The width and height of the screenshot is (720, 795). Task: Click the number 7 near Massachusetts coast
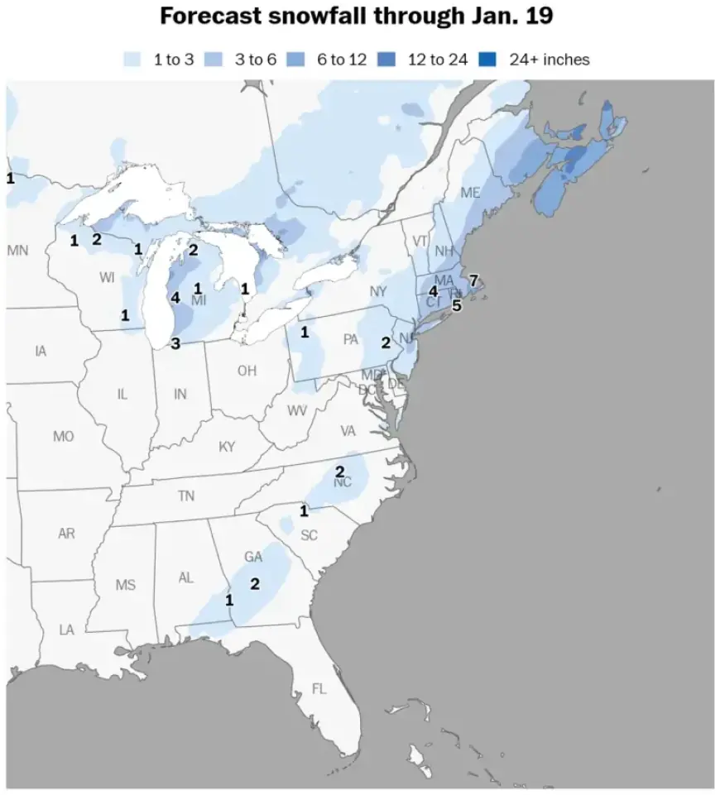pyautogui.click(x=473, y=280)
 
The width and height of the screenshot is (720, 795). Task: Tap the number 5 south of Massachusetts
pyautogui.click(x=456, y=305)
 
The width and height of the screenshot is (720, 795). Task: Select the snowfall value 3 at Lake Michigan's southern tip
pyautogui.click(x=175, y=343)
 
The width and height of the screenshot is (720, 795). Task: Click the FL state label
pyautogui.click(x=319, y=688)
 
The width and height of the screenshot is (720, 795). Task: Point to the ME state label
pyautogui.click(x=470, y=193)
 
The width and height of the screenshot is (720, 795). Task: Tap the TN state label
pyautogui.click(x=186, y=496)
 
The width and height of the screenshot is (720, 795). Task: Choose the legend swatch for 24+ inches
pyautogui.click(x=489, y=60)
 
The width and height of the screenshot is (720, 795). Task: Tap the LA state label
pyautogui.click(x=66, y=630)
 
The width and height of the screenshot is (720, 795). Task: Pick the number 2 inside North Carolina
pyautogui.click(x=339, y=472)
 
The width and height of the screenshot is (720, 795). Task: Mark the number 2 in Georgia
pyautogui.click(x=255, y=584)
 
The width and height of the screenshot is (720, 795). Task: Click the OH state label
pyautogui.click(x=247, y=371)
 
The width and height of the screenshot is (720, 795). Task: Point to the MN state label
pyautogui.click(x=17, y=249)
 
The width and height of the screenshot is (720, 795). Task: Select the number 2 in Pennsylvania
pyautogui.click(x=386, y=342)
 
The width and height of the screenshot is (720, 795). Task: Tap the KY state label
pyautogui.click(x=227, y=447)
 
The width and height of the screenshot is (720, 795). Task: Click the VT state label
pyautogui.click(x=419, y=241)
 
